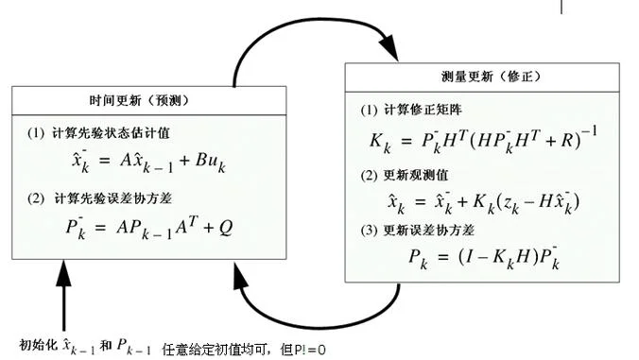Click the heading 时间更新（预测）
(140, 100)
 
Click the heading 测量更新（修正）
(492, 77)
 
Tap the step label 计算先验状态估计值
(111, 133)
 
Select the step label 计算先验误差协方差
(112, 198)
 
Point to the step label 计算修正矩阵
(423, 110)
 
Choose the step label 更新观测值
(416, 175)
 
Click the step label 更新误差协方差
(429, 231)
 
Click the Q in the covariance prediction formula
(226, 228)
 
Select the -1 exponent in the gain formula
(589, 131)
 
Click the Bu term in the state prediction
(207, 160)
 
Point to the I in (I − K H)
(470, 257)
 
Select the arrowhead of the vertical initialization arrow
(63, 273)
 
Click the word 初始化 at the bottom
(39, 345)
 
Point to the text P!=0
(310, 350)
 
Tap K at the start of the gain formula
(375, 141)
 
